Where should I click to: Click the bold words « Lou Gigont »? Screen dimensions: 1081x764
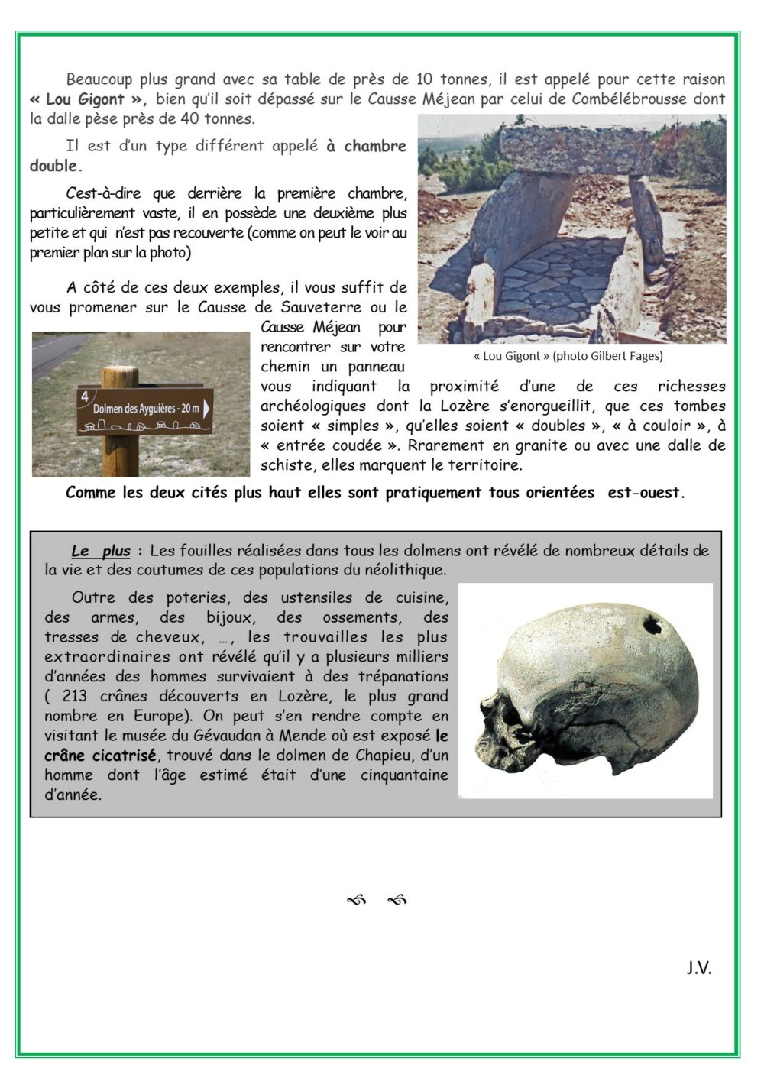pos(88,99)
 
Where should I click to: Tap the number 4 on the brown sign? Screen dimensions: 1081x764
pos(85,396)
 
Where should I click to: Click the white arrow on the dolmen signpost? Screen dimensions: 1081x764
pos(206,408)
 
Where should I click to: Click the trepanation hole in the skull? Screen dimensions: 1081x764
pos(652,626)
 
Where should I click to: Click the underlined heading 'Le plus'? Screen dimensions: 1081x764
pos(101,551)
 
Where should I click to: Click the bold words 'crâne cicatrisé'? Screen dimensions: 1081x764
pos(100,756)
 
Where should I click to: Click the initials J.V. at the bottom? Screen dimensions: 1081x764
pos(698,968)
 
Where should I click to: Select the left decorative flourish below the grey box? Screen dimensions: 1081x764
pos(357,901)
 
